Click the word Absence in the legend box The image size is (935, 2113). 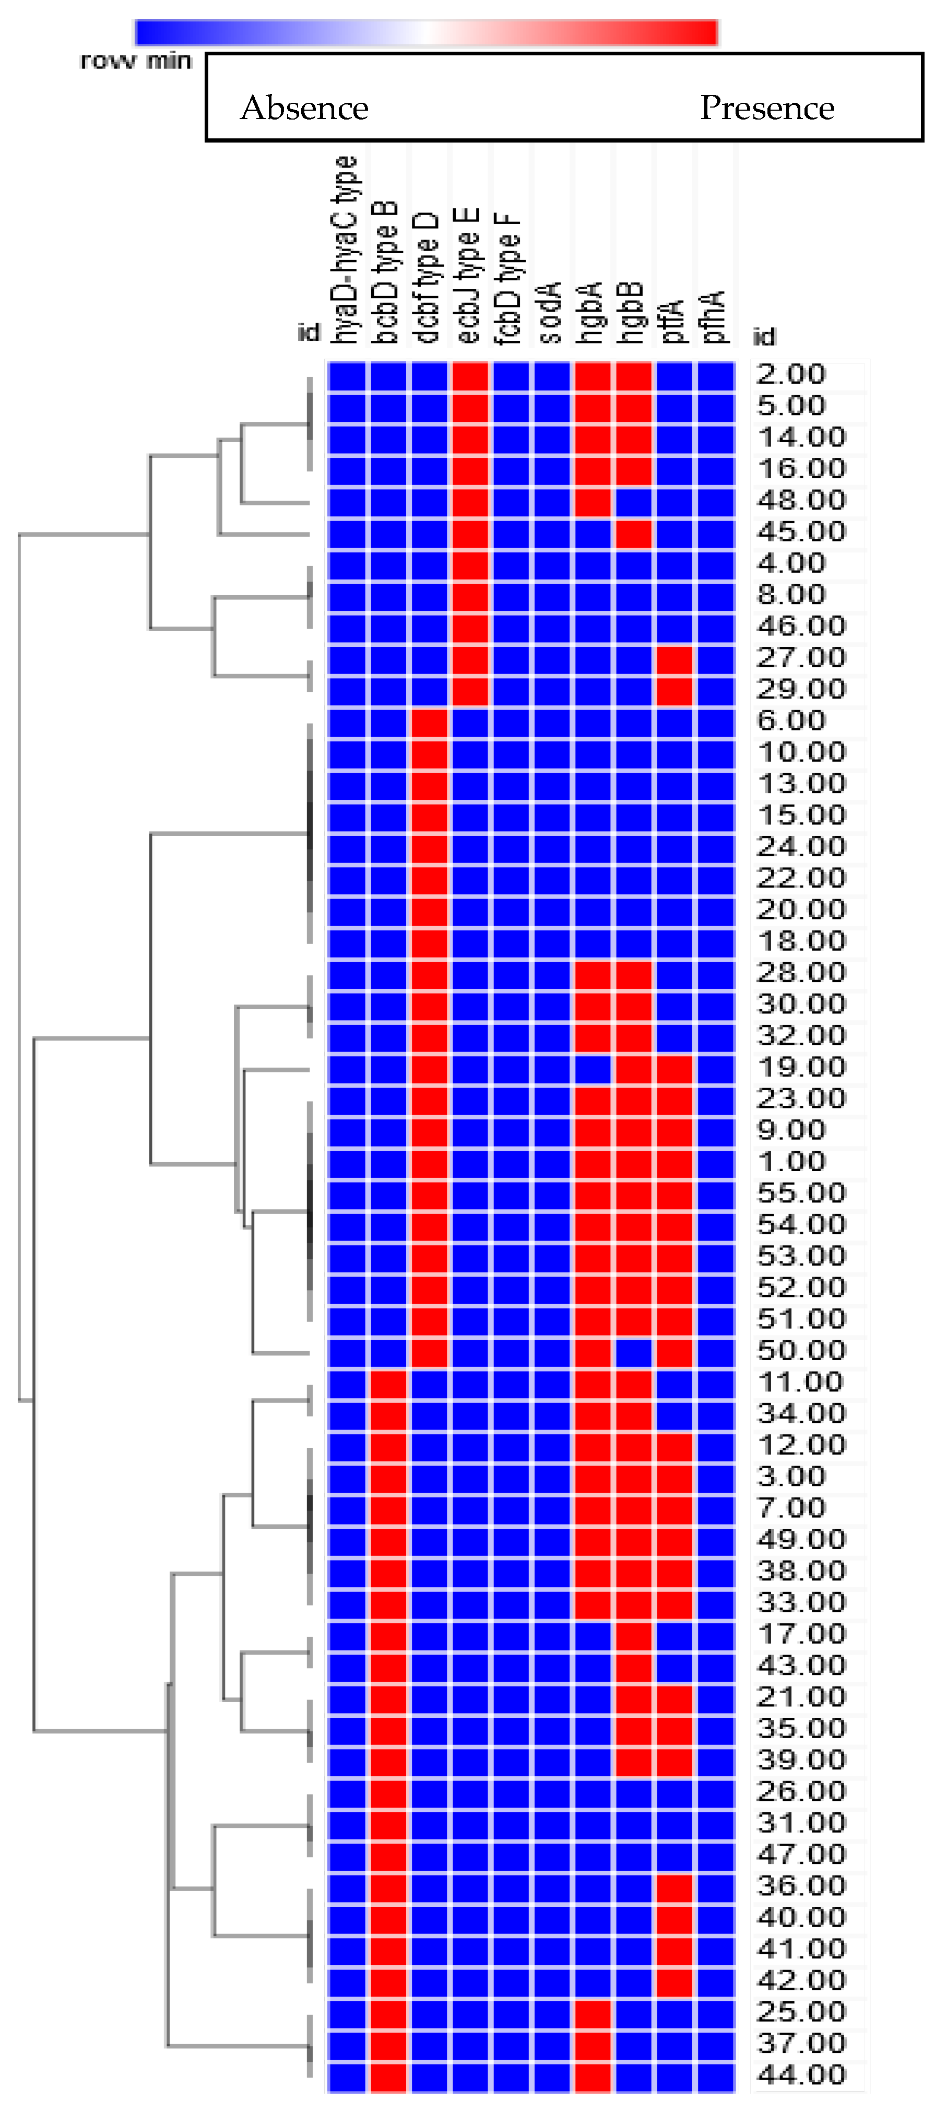[304, 108]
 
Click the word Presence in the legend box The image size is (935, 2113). [767, 108]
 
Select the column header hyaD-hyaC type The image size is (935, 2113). [345, 250]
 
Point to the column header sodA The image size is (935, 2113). [550, 312]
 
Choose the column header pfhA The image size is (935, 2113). [714, 316]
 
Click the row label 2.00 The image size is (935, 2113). [790, 374]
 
